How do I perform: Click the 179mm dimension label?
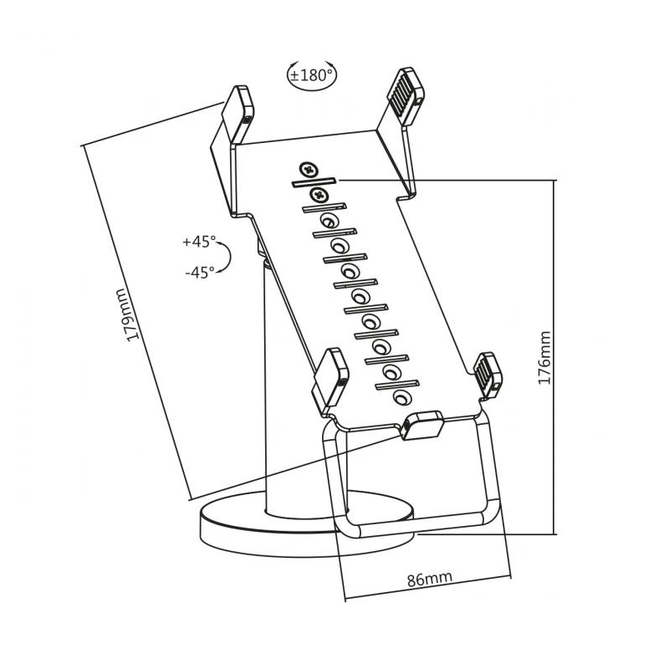(x=127, y=314)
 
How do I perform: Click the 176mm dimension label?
(x=544, y=357)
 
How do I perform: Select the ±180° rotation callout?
(x=311, y=74)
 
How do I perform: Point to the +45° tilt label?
(x=198, y=242)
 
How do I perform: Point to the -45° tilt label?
(x=199, y=270)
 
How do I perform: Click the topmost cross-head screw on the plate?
(x=311, y=171)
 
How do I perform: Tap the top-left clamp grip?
(x=237, y=106)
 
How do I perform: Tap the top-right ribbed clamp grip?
(x=404, y=94)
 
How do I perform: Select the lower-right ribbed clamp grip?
(x=488, y=373)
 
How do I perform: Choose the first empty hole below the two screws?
(x=331, y=222)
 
